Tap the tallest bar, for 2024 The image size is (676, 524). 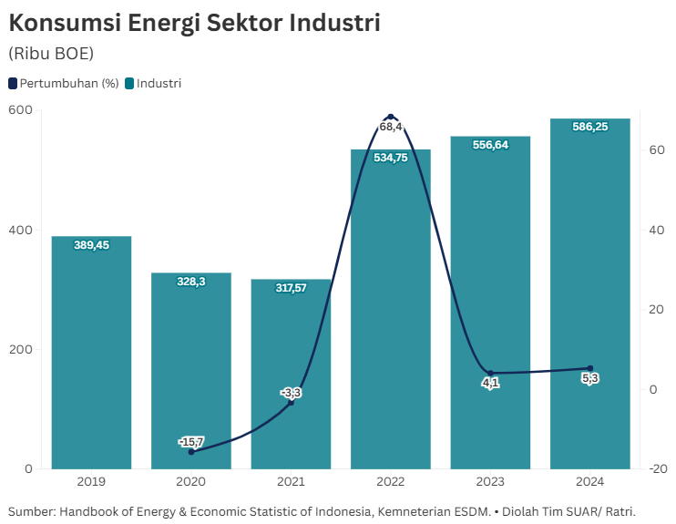point(589,292)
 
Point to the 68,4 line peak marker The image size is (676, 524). point(391,117)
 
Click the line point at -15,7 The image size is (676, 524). point(191,452)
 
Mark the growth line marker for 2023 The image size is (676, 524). point(490,373)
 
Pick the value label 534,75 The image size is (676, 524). point(391,158)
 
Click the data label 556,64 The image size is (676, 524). point(490,145)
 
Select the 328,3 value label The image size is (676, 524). point(191,282)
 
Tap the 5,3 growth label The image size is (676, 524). point(589,378)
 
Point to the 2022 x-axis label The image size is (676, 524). point(391,481)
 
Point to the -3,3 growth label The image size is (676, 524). point(291,393)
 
